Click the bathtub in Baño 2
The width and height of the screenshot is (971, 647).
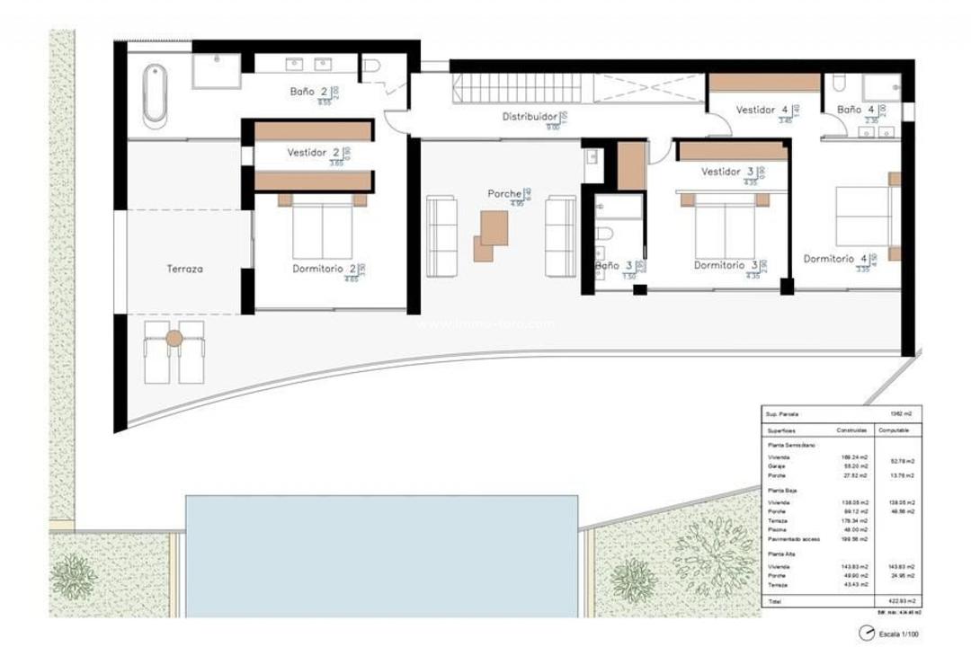click(156, 93)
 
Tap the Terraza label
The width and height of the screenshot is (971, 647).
click(184, 269)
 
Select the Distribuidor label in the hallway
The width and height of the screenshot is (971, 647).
click(530, 117)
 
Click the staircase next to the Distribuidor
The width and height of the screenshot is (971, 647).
click(521, 88)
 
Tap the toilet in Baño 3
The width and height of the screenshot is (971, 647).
click(604, 235)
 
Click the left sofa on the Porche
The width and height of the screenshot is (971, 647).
click(441, 236)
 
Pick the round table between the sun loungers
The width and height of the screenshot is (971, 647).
click(174, 339)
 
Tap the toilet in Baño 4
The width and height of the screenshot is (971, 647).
click(839, 84)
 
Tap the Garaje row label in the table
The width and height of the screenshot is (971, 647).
click(778, 465)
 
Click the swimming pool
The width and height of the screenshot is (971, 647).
click(381, 554)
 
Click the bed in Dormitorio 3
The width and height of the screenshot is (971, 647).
click(725, 229)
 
